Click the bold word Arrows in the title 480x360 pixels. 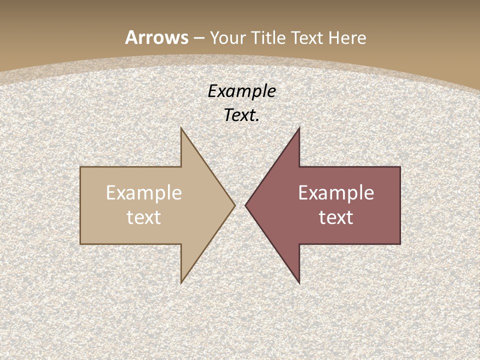point(156,37)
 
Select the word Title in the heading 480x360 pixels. point(268,37)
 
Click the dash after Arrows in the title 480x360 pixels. point(198,38)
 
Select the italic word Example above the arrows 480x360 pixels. point(242,91)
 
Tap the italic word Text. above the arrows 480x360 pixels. point(242,115)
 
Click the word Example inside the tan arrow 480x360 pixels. point(144,193)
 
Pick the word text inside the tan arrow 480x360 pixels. point(144,217)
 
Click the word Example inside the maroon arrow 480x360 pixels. point(336,193)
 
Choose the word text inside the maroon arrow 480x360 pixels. point(336,217)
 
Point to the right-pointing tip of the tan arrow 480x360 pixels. point(235,205)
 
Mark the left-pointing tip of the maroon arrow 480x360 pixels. point(245,205)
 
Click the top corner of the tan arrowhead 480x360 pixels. point(181,128)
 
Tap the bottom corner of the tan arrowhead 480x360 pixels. point(181,283)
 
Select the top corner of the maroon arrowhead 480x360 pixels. point(299,128)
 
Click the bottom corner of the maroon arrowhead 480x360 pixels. point(299,283)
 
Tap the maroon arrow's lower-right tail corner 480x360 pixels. point(400,244)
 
